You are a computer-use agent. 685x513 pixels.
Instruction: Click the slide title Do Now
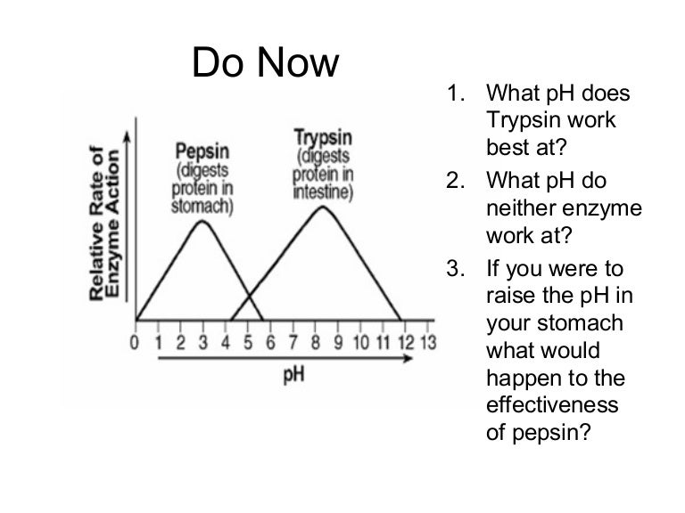pos(265,62)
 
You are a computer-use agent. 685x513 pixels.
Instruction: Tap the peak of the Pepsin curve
pos(202,221)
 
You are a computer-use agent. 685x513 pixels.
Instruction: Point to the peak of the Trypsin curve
pos(323,207)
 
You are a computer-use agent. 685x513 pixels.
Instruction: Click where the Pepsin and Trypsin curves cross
pos(250,297)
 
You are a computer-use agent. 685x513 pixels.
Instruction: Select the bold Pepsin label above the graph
pos(202,151)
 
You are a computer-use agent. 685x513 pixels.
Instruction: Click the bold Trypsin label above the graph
pos(323,137)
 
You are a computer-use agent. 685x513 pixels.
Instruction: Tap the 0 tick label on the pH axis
pos(135,343)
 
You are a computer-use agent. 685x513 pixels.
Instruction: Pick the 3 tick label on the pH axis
pos(203,343)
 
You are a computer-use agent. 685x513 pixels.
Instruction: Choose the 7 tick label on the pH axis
pos(293,343)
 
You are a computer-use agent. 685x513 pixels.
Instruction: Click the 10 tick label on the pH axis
pos(361,343)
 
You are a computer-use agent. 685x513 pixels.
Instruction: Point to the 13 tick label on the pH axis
pos(428,343)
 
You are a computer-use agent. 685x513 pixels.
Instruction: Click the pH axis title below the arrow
pos(293,376)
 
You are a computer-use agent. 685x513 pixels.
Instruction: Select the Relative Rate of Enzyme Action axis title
pos(104,223)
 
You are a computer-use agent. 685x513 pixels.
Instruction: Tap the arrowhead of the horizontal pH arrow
pos(408,358)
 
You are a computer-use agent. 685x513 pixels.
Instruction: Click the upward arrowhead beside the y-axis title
pos(127,136)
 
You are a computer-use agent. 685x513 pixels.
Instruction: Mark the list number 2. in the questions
pos(456,180)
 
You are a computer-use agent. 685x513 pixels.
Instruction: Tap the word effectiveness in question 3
pos(552,404)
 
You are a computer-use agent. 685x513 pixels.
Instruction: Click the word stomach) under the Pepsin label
pos(202,207)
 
